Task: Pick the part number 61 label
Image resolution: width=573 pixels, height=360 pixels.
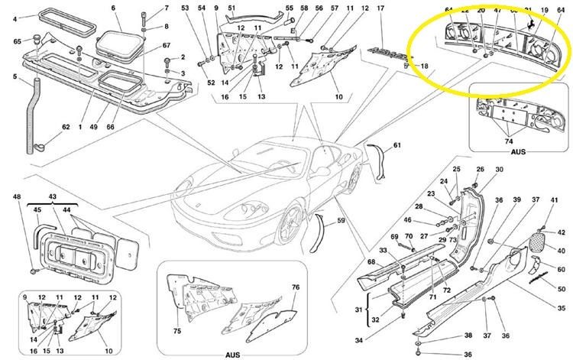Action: [397, 144]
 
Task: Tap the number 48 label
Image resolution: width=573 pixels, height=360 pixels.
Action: [18, 197]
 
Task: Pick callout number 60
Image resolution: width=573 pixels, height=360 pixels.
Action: [561, 270]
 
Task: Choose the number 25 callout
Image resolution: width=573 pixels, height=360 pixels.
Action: [457, 169]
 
